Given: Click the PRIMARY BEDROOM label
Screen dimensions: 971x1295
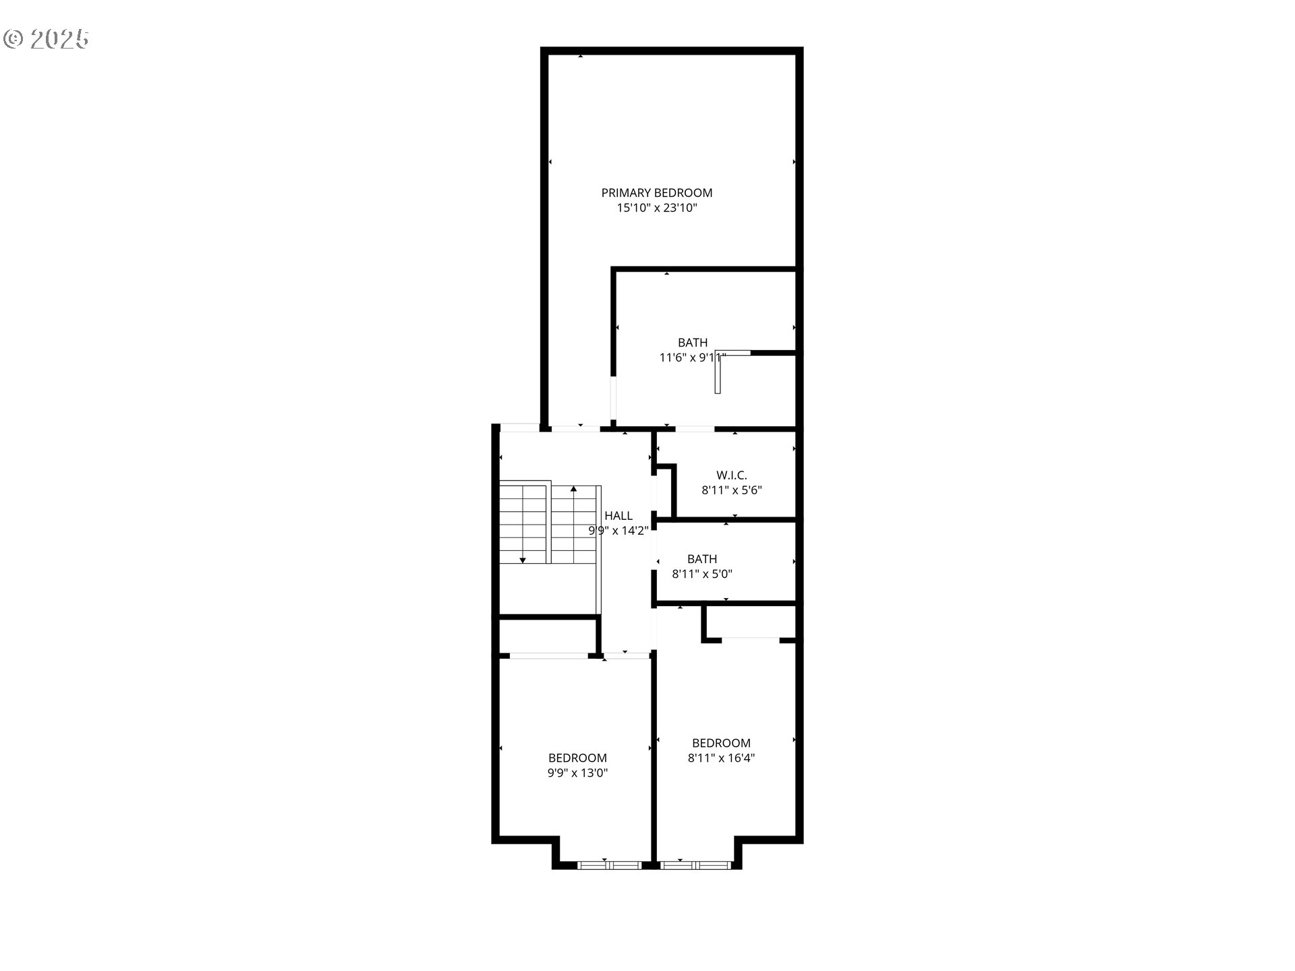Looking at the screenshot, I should coord(656,193).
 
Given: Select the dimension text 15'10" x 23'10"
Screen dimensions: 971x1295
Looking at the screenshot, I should coord(656,208).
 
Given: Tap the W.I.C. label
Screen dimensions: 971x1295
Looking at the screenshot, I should coord(731,475).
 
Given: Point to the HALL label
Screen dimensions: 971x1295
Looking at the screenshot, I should coord(618,516).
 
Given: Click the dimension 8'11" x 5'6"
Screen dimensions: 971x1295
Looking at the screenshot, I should coord(731,490).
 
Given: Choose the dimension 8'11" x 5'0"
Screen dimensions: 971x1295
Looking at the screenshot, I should coord(702,575).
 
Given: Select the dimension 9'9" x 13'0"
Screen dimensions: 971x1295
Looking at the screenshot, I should coord(577,773).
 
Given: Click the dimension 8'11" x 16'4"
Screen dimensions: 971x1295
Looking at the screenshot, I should coord(721,758).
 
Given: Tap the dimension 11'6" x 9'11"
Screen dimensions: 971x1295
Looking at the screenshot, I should coord(692,357).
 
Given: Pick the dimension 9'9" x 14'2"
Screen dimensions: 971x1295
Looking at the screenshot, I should coord(618,531).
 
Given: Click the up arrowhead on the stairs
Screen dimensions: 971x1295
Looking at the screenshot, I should coord(573,488).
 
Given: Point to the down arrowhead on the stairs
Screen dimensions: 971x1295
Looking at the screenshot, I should coord(522,560).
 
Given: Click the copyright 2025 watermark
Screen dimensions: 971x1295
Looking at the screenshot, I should coord(46,39).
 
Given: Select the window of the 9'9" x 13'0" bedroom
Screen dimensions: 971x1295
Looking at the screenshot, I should coord(609,864).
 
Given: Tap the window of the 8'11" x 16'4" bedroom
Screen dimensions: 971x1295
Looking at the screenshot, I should coord(695,864).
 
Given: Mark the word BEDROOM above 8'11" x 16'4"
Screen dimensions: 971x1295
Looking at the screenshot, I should coord(721,743).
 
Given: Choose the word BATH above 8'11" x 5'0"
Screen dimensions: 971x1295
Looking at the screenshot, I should coord(702,559).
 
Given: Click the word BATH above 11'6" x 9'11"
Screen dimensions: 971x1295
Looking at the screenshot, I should coord(692,343).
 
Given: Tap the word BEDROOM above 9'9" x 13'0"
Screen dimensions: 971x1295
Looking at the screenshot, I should coord(577,758).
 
